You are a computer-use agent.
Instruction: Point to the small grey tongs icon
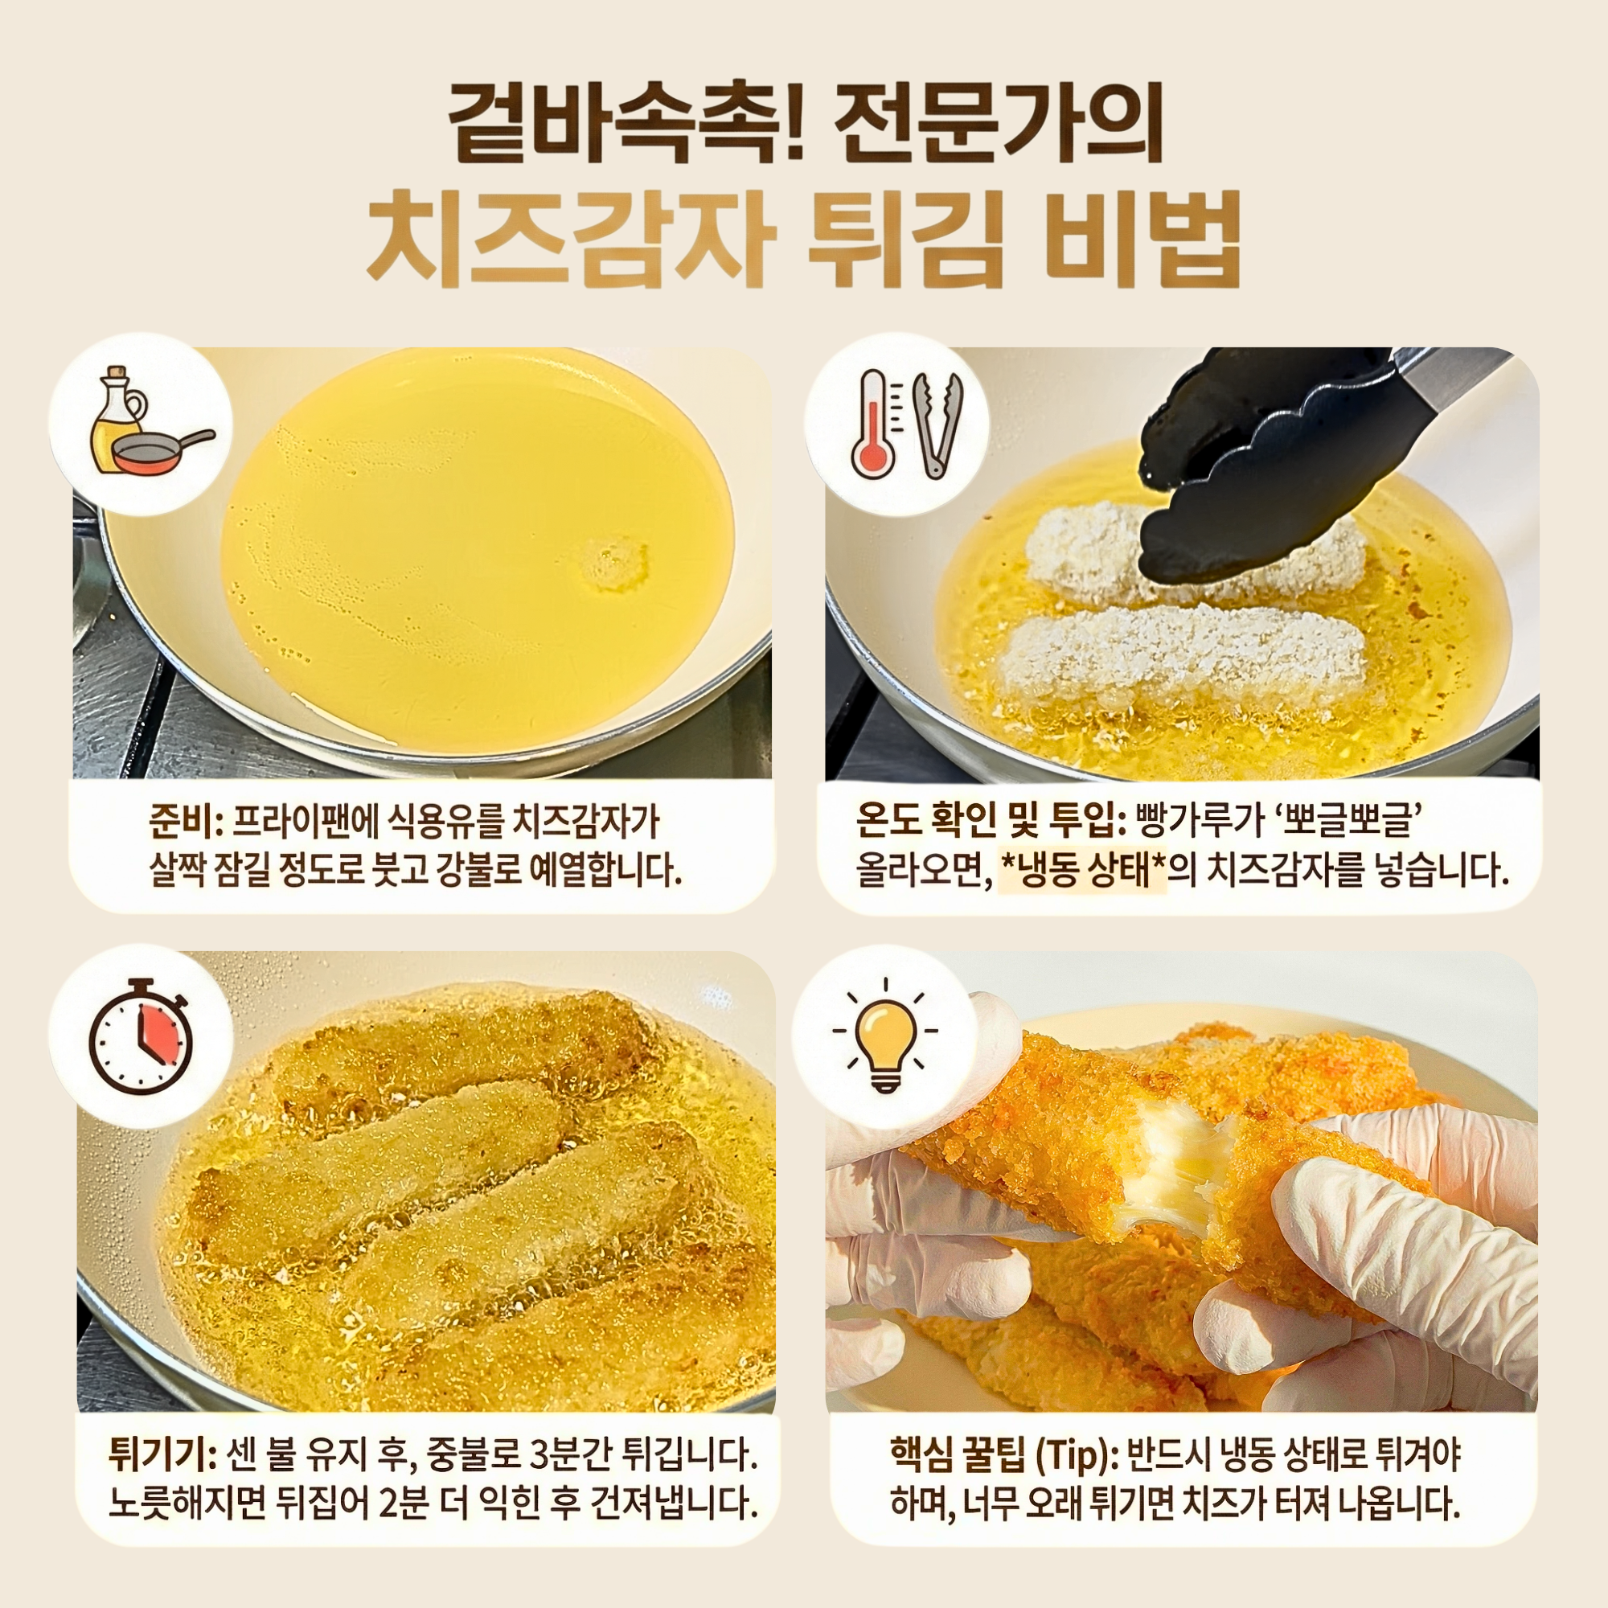[x=937, y=425]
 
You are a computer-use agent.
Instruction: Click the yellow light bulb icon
[x=884, y=1035]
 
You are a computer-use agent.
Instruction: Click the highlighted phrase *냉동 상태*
[x=1082, y=871]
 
